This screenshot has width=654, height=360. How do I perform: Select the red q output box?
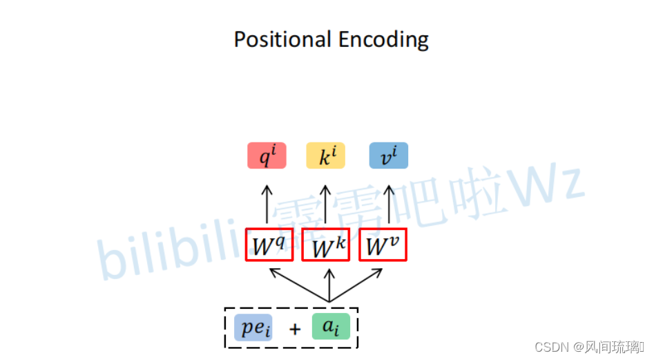(267, 156)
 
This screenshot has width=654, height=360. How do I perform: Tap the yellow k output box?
(325, 156)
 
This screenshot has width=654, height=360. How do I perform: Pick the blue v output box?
(388, 156)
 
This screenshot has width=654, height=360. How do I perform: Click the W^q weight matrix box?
(269, 245)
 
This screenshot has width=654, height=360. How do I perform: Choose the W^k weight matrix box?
(326, 245)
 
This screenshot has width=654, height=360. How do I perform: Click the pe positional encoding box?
(253, 328)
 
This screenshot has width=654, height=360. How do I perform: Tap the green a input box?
(331, 327)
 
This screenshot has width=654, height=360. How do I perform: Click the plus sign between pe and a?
(295, 329)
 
